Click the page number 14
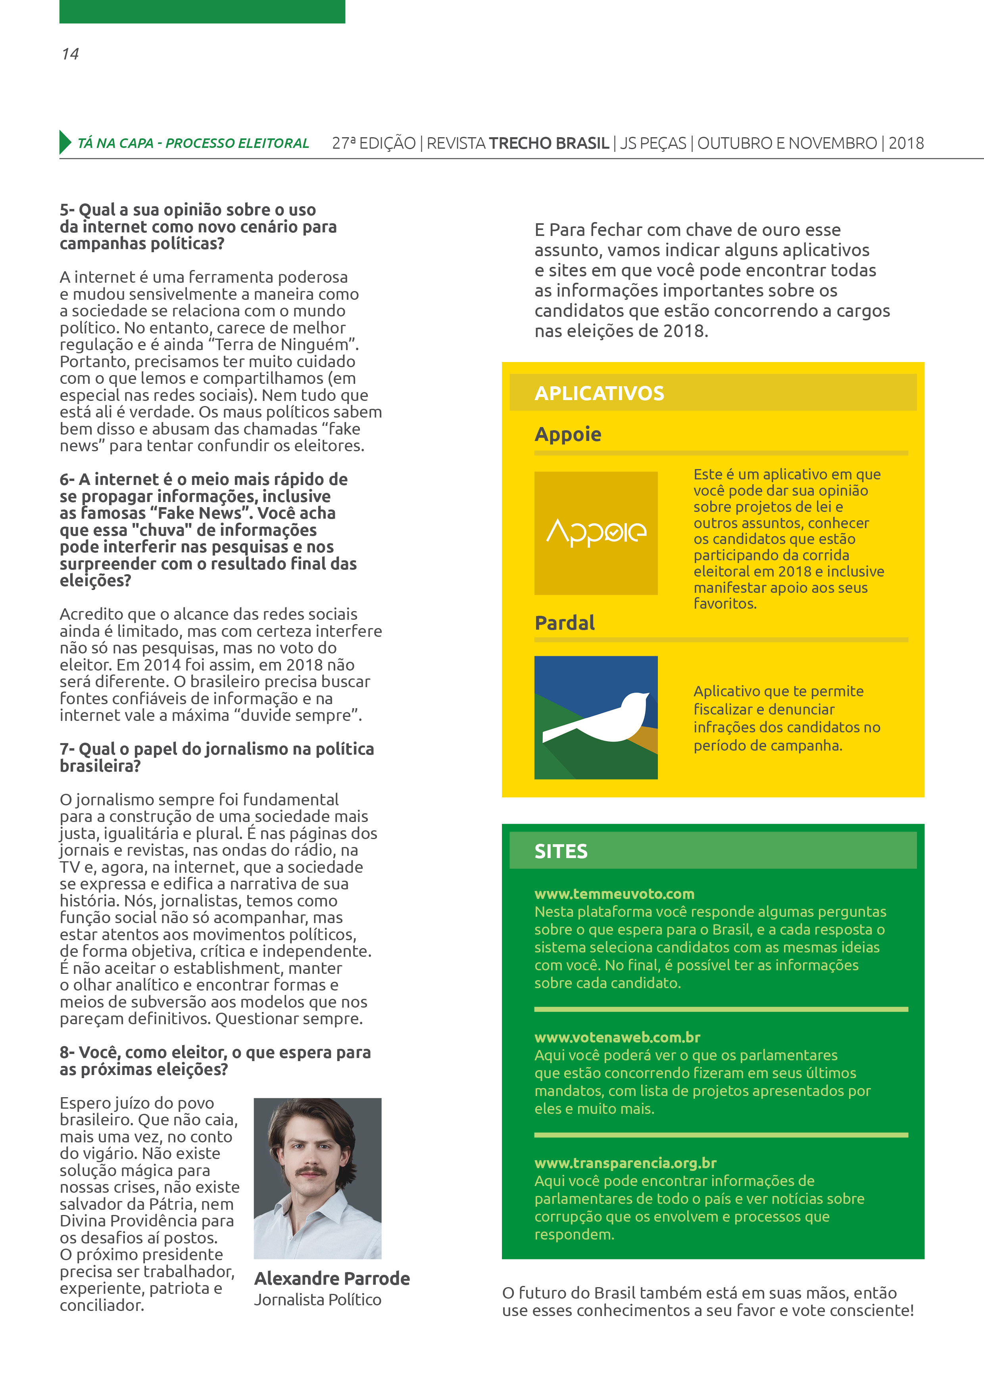click(x=70, y=54)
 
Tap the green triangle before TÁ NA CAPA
click(x=65, y=142)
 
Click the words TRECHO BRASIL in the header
click(x=549, y=143)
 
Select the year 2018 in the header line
click(x=906, y=143)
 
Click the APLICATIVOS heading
click(x=599, y=393)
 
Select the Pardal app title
click(x=565, y=623)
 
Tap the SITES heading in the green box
click(x=561, y=851)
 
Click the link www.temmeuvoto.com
click(x=614, y=894)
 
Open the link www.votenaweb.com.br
click(x=617, y=1037)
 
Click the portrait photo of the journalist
click(x=318, y=1178)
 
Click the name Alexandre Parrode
click(x=332, y=1278)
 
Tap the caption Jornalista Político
click(x=318, y=1299)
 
